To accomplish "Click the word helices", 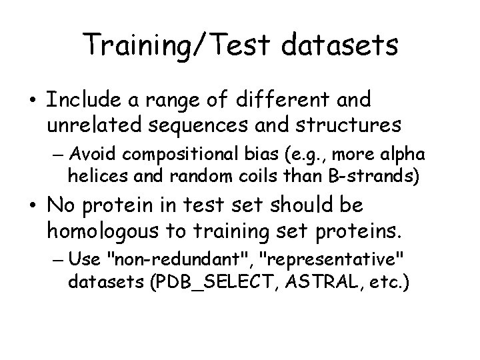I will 92,177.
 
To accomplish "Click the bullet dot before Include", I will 33,101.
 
